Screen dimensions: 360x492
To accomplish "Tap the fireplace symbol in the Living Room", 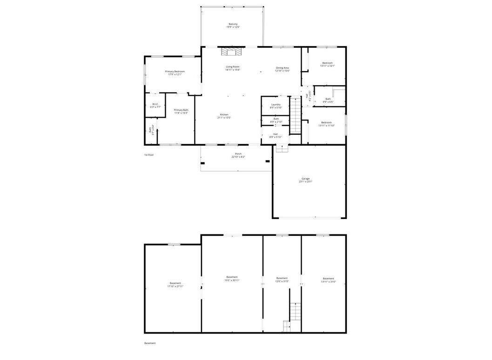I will pos(232,51).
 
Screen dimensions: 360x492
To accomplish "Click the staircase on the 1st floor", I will pos(296,114).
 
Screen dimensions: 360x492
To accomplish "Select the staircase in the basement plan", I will pos(295,312).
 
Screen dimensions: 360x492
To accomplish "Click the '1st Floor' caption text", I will pos(148,154).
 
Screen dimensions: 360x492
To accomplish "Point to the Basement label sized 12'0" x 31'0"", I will pos(282,280).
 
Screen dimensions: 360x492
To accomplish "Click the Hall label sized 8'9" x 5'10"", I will pos(276,135).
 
